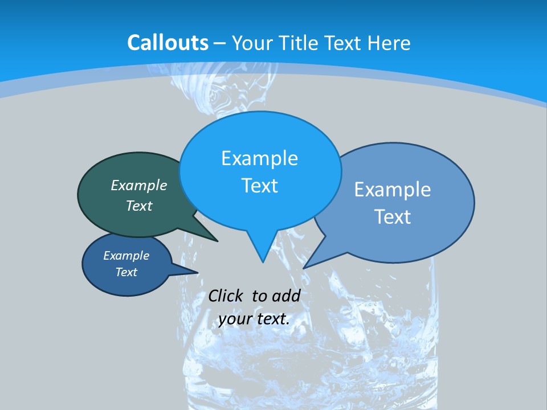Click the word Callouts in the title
click(x=168, y=43)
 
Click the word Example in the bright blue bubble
click(x=259, y=158)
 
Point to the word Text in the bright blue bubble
click(x=259, y=186)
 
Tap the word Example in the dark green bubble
click(x=139, y=185)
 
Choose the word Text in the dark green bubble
click(x=139, y=206)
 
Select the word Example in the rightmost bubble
click(x=393, y=189)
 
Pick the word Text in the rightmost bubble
click(x=393, y=216)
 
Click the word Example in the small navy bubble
click(x=126, y=256)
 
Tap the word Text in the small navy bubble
click(x=126, y=272)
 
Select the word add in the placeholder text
click(x=286, y=296)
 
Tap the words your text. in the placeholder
click(x=254, y=319)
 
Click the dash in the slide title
click(x=221, y=43)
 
